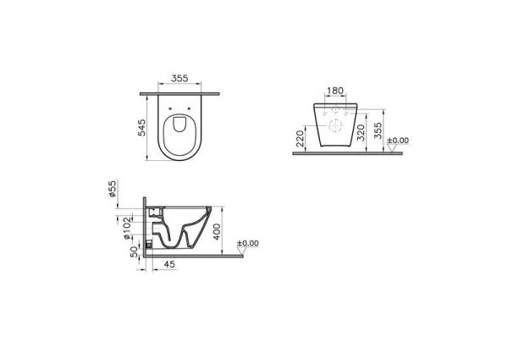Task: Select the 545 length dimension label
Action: pyautogui.click(x=144, y=128)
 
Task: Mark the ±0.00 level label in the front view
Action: pyautogui.click(x=398, y=141)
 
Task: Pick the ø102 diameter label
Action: pyautogui.click(x=125, y=224)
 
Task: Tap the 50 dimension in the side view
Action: pyautogui.click(x=134, y=252)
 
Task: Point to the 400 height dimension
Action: pyautogui.click(x=217, y=231)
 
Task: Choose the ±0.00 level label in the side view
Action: pyautogui.click(x=247, y=244)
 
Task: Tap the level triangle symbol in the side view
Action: pyautogui.click(x=242, y=252)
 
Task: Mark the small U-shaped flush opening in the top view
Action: pyautogui.click(x=178, y=126)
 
